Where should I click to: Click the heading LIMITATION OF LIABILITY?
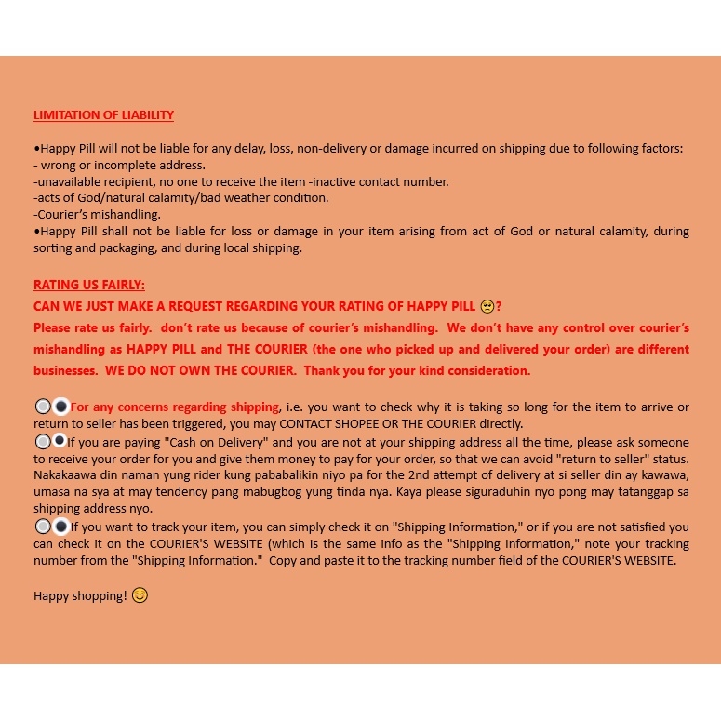click(103, 115)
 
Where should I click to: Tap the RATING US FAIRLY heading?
click(89, 285)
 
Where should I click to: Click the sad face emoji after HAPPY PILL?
click(487, 306)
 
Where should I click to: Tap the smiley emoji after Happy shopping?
click(140, 594)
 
